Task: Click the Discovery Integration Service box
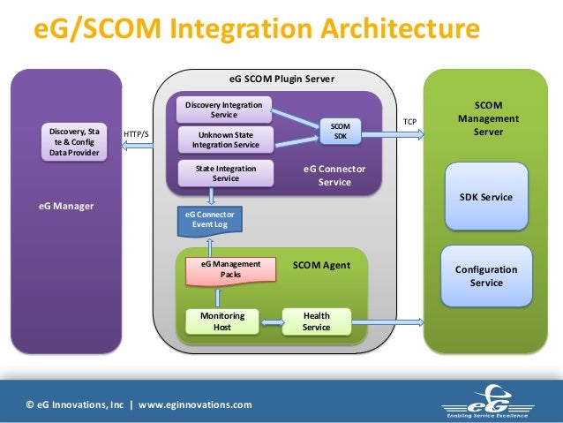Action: [x=223, y=110]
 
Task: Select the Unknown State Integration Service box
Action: [x=226, y=140]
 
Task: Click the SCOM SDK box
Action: [x=340, y=132]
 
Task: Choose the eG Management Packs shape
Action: [x=230, y=269]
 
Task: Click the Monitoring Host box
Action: [x=216, y=321]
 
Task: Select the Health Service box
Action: [x=316, y=321]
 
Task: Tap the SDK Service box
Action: [x=486, y=197]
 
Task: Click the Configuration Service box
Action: [x=486, y=276]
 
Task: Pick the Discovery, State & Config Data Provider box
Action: [x=74, y=142]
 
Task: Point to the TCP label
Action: [x=410, y=120]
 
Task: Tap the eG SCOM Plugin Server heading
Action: [x=275, y=79]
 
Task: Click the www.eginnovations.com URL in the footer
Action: [x=195, y=404]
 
